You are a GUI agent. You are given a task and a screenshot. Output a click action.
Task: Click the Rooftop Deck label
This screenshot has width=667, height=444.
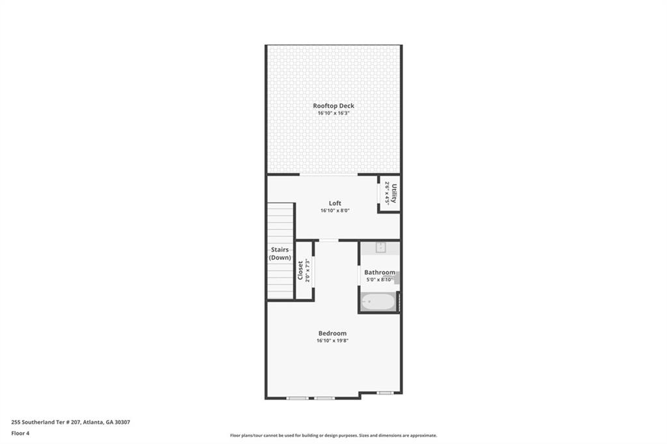pos(333,105)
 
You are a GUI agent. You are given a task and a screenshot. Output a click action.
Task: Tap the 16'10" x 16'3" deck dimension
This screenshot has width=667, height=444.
pos(333,113)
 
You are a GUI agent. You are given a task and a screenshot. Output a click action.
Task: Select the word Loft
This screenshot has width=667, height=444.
pos(335,203)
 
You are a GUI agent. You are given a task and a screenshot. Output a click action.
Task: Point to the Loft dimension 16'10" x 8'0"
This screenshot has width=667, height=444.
pos(335,211)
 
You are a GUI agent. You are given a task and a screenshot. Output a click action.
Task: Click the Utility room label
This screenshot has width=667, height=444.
pos(393,193)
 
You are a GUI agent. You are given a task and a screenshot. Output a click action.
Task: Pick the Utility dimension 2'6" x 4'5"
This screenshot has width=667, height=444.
pos(386,193)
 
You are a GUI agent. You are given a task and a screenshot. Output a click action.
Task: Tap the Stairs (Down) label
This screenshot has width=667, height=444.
pos(280,253)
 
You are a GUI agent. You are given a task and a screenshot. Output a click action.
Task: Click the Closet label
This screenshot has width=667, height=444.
pos(300,270)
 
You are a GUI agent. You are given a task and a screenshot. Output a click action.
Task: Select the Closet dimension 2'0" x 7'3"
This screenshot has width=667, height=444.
pos(307,270)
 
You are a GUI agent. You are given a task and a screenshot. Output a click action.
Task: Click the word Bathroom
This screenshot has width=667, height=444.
pos(379,272)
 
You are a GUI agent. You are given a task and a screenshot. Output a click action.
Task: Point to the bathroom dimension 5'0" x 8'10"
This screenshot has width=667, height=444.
pos(379,280)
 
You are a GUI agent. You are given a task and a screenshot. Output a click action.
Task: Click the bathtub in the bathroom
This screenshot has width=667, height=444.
pos(378,301)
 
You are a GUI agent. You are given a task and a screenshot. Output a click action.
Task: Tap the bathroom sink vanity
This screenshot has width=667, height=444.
pos(379,247)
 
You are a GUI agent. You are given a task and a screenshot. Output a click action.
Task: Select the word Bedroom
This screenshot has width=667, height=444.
pos(333,333)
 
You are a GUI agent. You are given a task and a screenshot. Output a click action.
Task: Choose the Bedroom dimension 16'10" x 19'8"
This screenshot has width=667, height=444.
pos(333,340)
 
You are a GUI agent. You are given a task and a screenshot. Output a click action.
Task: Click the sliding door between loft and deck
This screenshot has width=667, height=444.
pos(328,175)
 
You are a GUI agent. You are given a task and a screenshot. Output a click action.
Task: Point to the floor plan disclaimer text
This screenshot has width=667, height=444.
pos(333,436)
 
